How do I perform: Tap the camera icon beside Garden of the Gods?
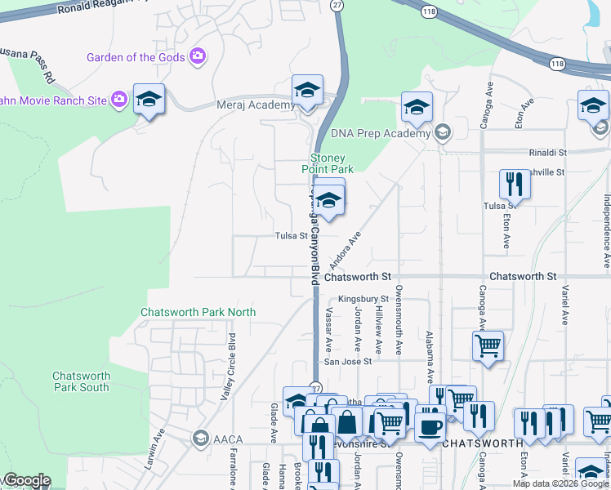[197, 56]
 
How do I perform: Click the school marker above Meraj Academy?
[308, 90]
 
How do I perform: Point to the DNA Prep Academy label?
[380, 133]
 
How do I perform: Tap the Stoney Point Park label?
[332, 163]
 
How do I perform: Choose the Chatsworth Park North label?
[198, 312]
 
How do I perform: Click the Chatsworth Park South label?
[80, 381]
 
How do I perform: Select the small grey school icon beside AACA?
[199, 439]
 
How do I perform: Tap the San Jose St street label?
[348, 361]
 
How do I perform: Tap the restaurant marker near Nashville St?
[515, 185]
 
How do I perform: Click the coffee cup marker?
[430, 426]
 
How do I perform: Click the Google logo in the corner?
[26, 481]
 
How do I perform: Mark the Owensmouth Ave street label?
[399, 319]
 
